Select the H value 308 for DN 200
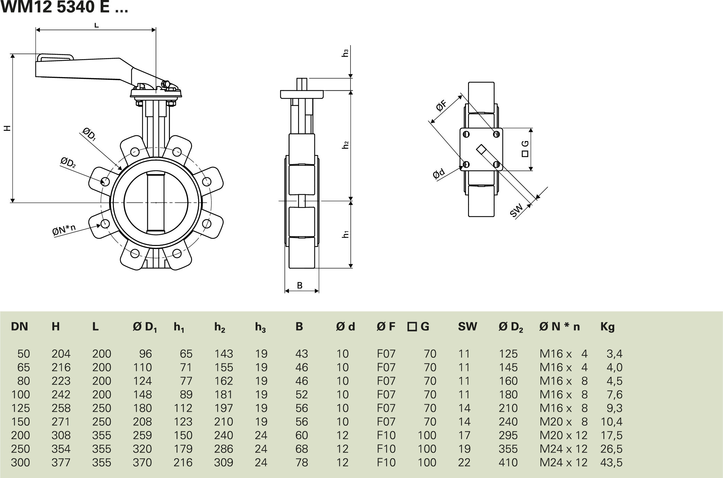coord(61,435)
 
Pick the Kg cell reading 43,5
coord(611,462)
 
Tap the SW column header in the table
coord(467,326)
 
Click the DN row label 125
coord(20,408)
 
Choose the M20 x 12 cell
coord(563,435)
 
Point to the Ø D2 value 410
coord(508,462)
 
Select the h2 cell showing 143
coord(224,354)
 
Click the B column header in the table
coord(299,326)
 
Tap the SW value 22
coord(464,462)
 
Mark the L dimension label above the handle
coord(96,25)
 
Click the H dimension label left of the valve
coord(7,128)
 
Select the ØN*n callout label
coord(64,230)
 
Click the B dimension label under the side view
coord(300,285)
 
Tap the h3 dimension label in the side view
coord(345,53)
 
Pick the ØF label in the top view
coord(441,106)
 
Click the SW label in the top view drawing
coord(516,211)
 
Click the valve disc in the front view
coord(156,202)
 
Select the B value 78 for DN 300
coord(302,462)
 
